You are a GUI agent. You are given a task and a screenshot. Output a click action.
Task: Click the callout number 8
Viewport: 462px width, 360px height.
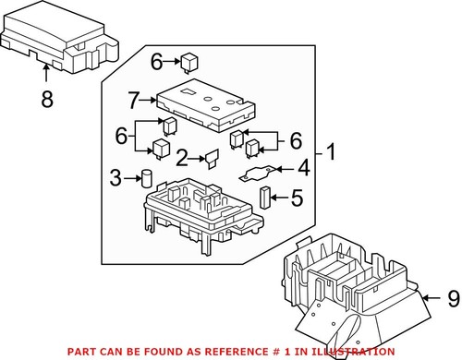[47, 99]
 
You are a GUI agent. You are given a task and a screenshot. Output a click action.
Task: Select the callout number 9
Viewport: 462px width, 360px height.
[454, 298]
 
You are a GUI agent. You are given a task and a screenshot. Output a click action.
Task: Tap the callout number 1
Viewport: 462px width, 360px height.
[331, 151]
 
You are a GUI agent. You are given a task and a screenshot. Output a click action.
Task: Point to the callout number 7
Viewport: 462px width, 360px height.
[133, 101]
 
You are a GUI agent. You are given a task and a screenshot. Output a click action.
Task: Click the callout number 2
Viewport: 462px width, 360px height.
[182, 158]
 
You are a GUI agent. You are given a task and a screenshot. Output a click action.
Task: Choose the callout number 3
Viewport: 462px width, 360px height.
[115, 178]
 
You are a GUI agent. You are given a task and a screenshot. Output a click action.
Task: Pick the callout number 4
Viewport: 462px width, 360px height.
[303, 168]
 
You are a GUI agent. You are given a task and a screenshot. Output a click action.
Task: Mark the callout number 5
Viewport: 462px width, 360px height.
[297, 198]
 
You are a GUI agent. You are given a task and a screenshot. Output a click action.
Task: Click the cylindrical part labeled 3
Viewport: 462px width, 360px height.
[147, 178]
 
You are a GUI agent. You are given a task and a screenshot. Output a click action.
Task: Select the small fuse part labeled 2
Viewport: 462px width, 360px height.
[212, 159]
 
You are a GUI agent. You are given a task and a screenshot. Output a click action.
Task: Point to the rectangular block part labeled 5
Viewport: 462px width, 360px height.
[264, 198]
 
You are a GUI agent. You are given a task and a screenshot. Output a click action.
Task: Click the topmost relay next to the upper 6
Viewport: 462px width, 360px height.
[188, 63]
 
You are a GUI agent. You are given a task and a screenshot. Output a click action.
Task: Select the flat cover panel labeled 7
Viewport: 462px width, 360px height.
[206, 105]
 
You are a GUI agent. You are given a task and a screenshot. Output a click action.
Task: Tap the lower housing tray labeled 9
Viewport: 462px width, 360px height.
[354, 295]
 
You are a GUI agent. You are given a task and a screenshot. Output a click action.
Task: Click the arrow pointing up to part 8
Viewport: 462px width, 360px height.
[46, 73]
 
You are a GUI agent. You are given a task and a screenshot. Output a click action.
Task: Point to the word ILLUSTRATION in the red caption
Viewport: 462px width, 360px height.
[353, 352]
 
